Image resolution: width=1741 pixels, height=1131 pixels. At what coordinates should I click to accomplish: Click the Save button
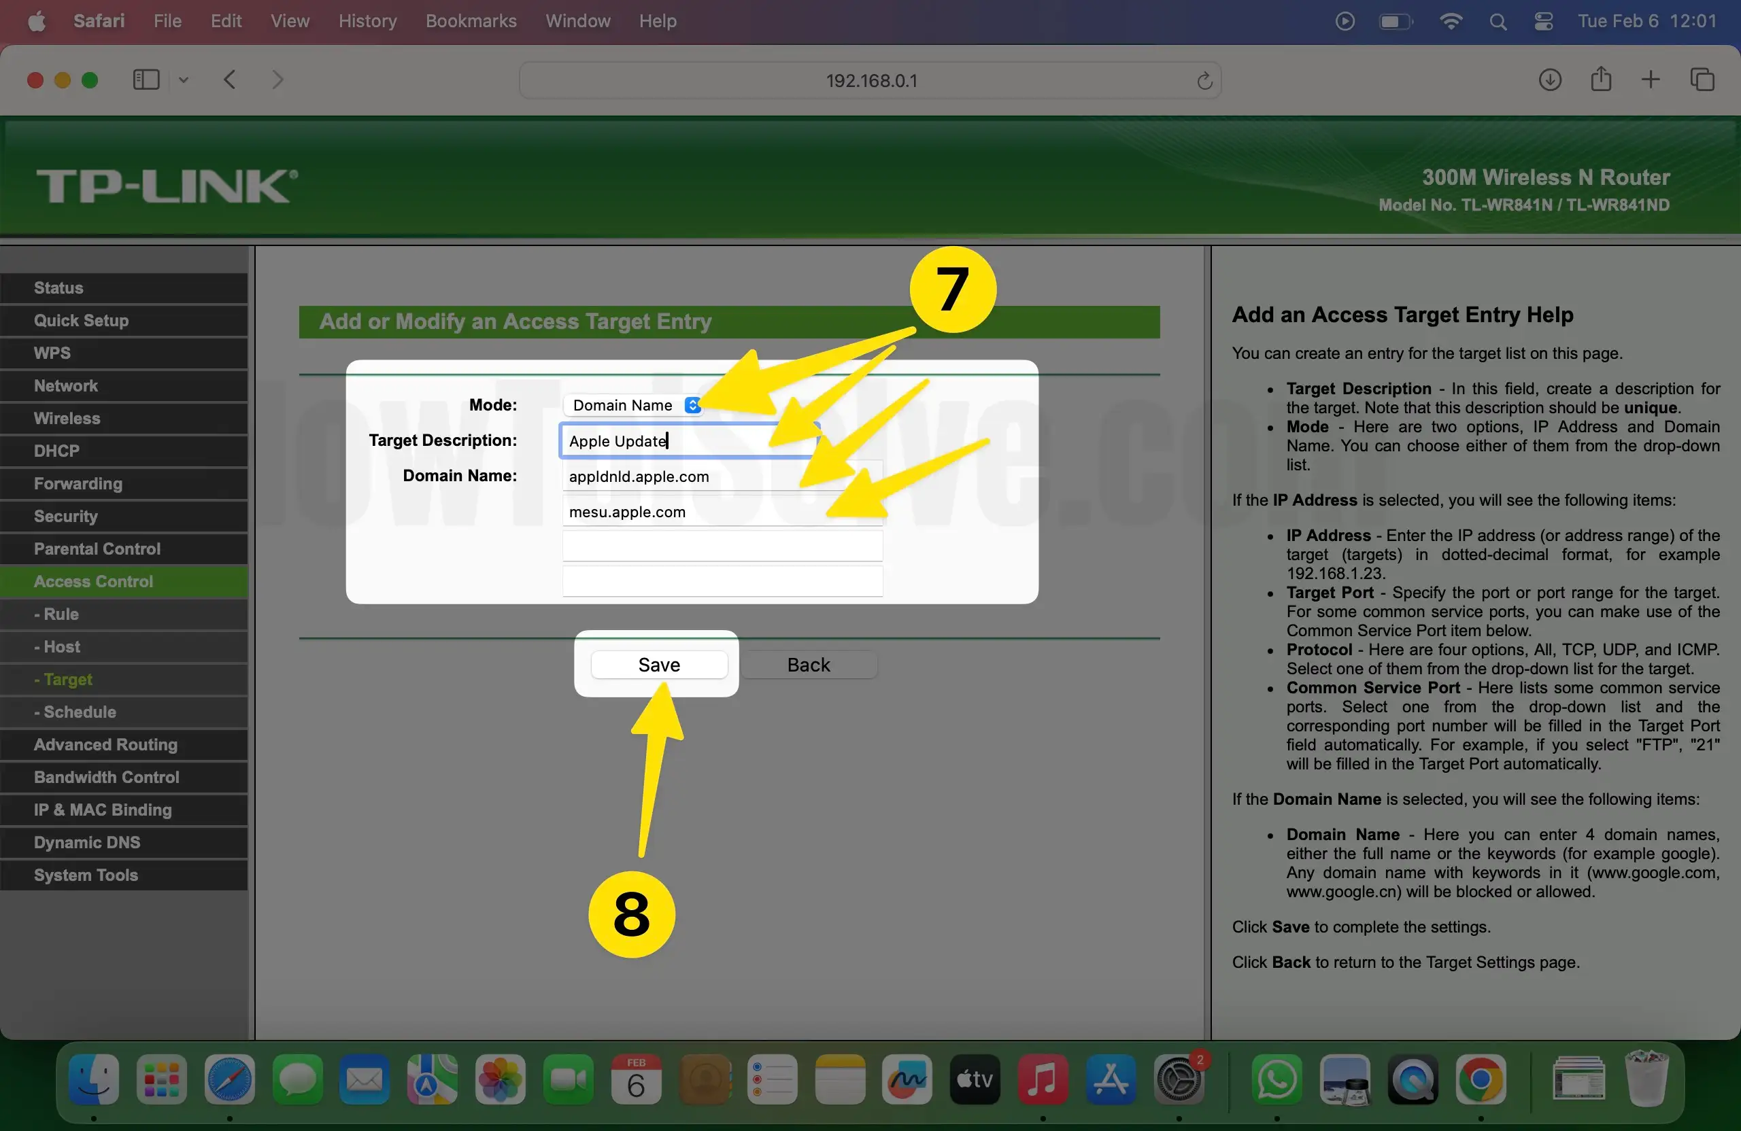click(x=659, y=665)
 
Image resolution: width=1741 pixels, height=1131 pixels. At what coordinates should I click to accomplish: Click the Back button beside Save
click(x=809, y=665)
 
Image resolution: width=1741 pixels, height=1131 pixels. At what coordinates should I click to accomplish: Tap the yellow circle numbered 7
click(x=952, y=290)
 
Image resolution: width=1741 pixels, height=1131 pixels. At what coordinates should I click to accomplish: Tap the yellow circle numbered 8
click(x=631, y=914)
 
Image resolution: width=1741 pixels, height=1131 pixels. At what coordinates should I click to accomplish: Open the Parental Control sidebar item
click(x=97, y=549)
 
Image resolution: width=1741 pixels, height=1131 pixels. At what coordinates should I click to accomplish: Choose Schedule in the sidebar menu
click(x=79, y=712)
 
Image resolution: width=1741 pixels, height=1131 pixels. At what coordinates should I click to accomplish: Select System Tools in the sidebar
click(x=86, y=875)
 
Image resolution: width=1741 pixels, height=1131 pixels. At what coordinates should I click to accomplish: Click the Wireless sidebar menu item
click(x=67, y=418)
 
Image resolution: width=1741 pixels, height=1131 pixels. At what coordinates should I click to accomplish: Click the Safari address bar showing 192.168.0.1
click(x=870, y=80)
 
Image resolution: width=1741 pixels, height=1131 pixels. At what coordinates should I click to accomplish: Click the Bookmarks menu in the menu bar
click(x=471, y=21)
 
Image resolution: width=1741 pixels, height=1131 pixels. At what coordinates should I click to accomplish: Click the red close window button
click(x=35, y=80)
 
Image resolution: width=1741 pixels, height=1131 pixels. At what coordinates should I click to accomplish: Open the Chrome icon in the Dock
click(x=1481, y=1079)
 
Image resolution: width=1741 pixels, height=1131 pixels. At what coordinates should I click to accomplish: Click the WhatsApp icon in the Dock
click(x=1277, y=1079)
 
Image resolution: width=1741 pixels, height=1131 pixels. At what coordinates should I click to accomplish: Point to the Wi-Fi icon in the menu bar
click(x=1450, y=21)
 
